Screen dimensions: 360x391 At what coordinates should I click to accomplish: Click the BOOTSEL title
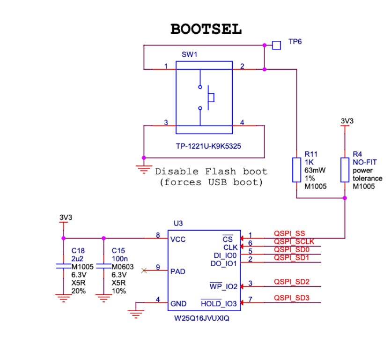click(206, 29)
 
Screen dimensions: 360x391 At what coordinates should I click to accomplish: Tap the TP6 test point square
click(276, 45)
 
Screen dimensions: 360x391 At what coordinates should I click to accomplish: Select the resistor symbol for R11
click(296, 170)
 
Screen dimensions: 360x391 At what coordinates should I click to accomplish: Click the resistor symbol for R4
click(345, 170)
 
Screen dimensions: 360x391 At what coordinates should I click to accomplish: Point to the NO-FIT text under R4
click(364, 162)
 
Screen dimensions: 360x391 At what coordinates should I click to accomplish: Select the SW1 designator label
click(189, 55)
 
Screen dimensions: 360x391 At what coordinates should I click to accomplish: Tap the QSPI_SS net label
click(289, 233)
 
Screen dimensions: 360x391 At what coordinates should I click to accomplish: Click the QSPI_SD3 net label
click(291, 298)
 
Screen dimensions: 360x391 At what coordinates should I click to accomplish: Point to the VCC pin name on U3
click(178, 239)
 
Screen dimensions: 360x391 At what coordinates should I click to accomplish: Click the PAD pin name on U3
click(178, 271)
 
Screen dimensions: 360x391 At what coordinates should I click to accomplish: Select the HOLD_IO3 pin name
click(219, 304)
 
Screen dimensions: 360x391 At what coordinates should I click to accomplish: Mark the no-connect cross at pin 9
click(144, 270)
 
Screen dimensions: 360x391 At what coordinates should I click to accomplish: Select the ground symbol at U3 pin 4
click(136, 313)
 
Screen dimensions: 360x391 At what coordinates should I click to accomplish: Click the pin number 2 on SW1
click(242, 66)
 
